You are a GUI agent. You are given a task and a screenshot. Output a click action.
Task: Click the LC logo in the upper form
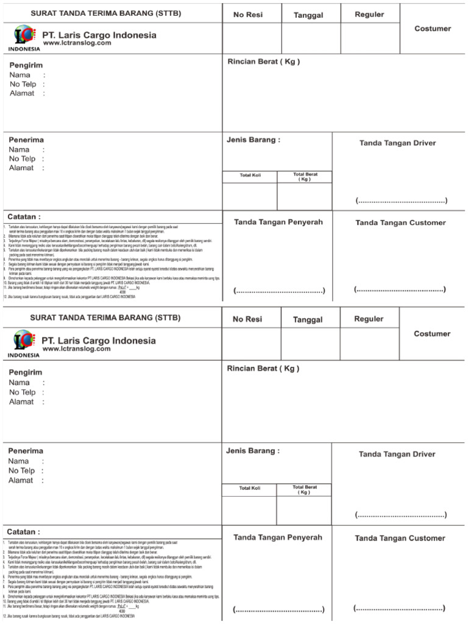(24, 35)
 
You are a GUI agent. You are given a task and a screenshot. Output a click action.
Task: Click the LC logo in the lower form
(24, 341)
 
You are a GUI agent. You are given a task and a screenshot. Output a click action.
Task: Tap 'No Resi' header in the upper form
(247, 15)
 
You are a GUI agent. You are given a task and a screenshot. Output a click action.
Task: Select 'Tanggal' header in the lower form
(308, 320)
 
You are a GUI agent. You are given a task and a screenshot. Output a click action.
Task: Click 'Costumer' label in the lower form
(432, 334)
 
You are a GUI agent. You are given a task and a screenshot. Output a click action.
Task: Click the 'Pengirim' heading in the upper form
(26, 65)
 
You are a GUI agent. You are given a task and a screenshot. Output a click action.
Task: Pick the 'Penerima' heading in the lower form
(26, 451)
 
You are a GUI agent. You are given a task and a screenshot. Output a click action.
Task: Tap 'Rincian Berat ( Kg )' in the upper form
(263, 62)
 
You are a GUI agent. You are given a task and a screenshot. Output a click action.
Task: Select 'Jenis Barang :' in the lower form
(253, 451)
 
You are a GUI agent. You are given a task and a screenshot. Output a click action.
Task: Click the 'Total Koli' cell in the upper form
(250, 175)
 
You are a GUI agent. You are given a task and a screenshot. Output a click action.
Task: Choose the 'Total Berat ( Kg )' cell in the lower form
(304, 490)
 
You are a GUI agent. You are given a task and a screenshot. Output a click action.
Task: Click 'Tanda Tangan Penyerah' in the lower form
(278, 537)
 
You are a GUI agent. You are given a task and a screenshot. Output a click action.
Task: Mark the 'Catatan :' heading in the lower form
(24, 532)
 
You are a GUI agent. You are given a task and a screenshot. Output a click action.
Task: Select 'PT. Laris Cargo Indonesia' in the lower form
(99, 341)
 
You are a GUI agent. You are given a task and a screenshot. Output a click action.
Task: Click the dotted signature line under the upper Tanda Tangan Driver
(402, 200)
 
